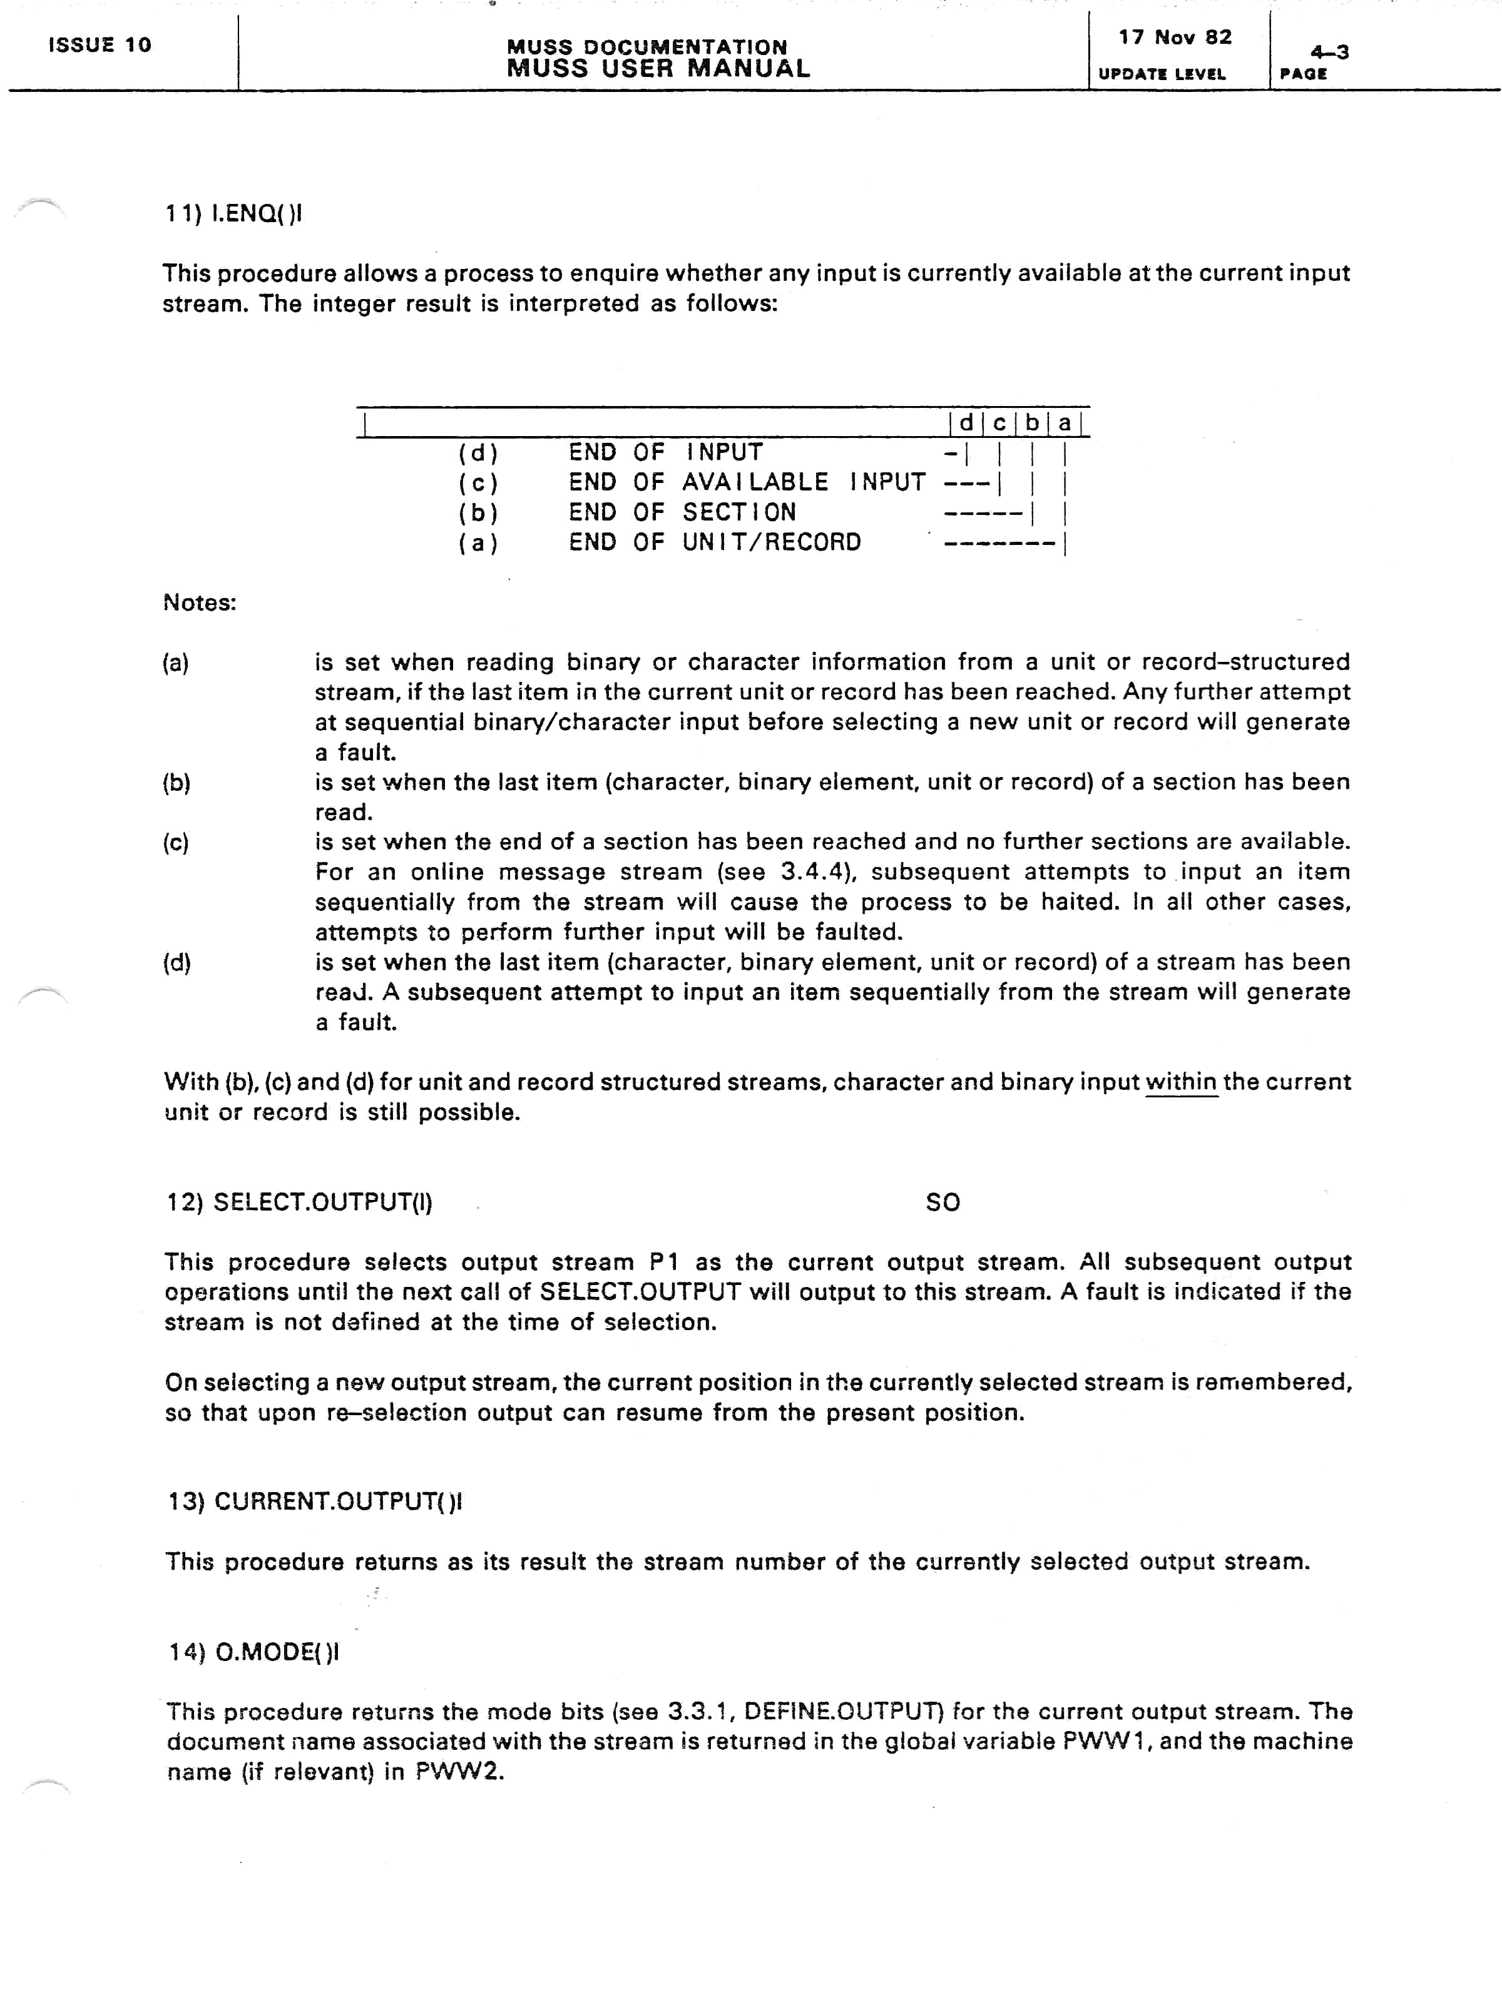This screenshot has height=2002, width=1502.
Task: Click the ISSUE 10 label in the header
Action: click(100, 45)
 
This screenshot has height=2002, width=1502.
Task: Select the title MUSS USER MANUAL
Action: click(658, 69)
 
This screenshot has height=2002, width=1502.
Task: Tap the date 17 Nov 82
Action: click(1174, 37)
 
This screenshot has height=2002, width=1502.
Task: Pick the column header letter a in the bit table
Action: click(1065, 423)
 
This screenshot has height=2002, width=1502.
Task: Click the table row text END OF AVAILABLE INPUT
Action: click(747, 482)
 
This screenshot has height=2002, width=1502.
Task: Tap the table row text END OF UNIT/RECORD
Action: click(714, 542)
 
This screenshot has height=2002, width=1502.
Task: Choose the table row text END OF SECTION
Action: click(682, 512)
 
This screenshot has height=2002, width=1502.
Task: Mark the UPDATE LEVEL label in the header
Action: click(1162, 74)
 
